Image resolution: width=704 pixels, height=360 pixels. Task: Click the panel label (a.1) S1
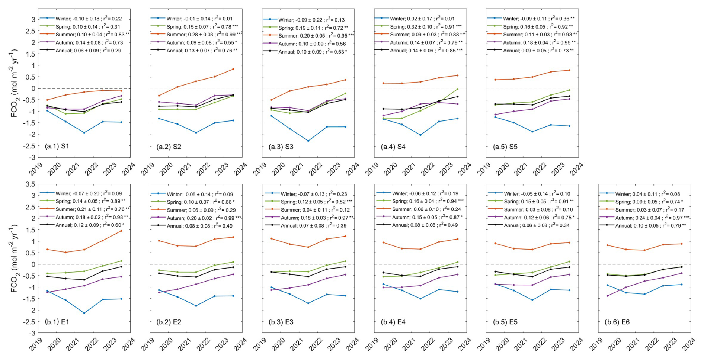(x=57, y=146)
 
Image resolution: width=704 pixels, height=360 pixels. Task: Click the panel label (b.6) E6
(x=617, y=322)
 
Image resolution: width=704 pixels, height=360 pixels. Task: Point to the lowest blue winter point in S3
(x=308, y=141)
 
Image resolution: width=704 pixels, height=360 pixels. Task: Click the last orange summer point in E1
(x=121, y=231)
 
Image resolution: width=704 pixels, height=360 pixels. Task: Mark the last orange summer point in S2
(x=233, y=69)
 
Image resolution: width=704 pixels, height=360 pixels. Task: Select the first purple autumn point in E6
(x=607, y=296)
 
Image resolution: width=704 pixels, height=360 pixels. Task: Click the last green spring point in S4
(x=457, y=89)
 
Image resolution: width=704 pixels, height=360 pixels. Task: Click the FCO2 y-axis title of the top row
(x=14, y=83)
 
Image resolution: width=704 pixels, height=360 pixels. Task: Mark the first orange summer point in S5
(x=495, y=80)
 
